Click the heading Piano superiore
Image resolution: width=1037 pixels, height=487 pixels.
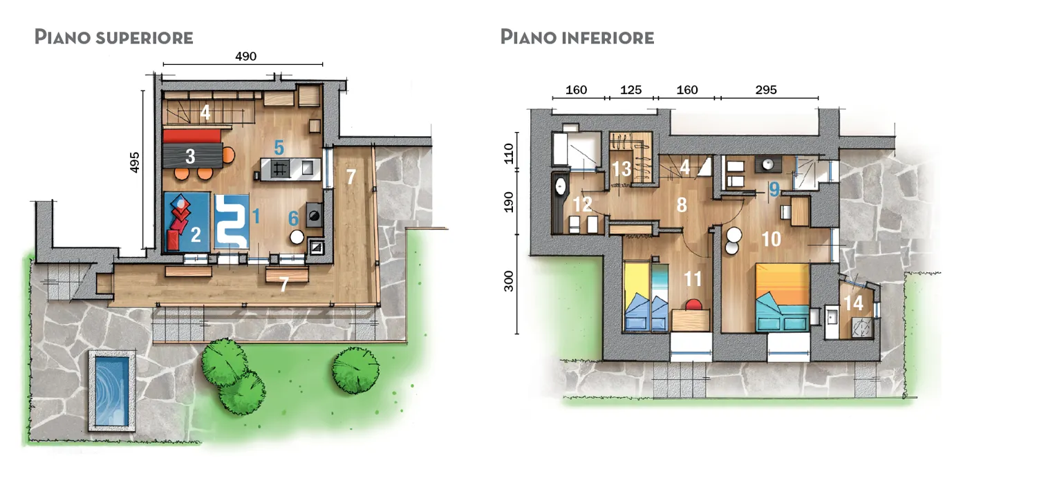click(x=114, y=37)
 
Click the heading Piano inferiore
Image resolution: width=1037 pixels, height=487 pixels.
click(x=577, y=37)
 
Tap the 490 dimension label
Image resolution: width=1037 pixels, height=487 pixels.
click(x=245, y=57)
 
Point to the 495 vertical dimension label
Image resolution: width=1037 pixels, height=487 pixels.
click(x=134, y=162)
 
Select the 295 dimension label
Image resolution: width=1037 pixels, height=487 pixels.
click(x=766, y=90)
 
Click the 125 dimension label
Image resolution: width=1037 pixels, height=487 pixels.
click(x=630, y=90)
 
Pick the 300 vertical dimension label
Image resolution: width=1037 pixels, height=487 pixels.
click(x=509, y=281)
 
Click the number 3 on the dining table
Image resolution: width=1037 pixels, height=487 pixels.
click(x=190, y=156)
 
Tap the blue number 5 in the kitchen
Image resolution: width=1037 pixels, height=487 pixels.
click(x=279, y=148)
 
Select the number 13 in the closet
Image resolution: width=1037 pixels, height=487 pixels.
click(x=622, y=169)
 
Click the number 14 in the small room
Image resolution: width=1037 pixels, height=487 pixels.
click(x=853, y=303)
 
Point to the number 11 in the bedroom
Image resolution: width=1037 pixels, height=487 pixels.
click(x=693, y=279)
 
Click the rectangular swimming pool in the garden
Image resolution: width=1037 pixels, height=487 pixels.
click(x=111, y=391)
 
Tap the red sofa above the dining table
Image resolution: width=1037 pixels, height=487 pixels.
click(x=191, y=136)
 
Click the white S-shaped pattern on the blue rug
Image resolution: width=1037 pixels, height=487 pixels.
click(x=232, y=222)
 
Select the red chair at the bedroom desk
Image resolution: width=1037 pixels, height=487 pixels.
click(x=693, y=305)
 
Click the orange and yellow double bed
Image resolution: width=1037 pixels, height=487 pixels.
click(x=783, y=297)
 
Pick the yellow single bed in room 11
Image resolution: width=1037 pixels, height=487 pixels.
click(x=637, y=296)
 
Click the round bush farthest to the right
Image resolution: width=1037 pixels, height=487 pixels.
click(x=355, y=370)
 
